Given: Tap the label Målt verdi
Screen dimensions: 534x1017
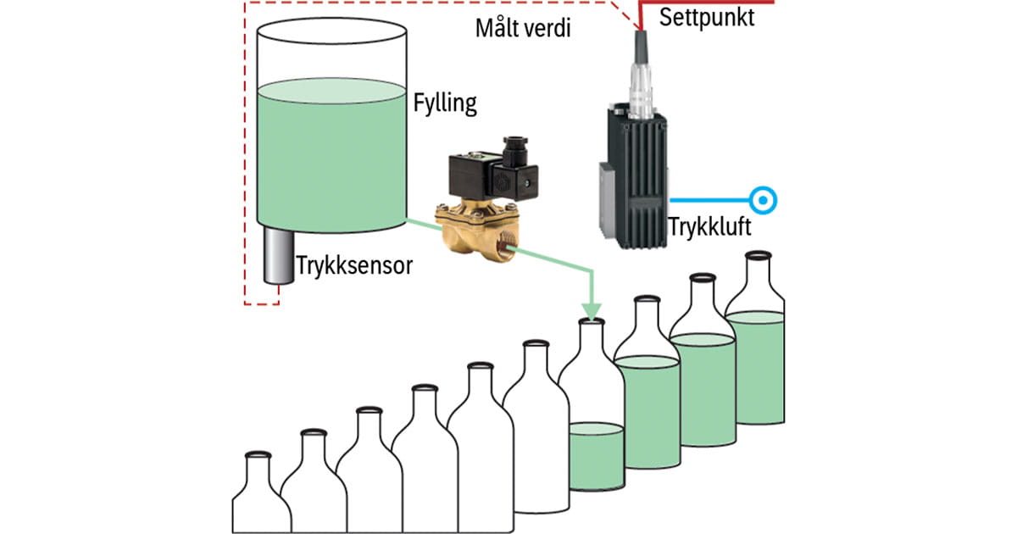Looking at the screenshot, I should tap(523, 27).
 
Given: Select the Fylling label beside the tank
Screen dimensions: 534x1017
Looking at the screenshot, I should tap(445, 104).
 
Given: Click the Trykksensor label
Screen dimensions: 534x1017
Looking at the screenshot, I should tap(354, 265).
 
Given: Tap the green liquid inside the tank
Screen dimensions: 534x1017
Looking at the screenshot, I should tap(331, 153).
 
